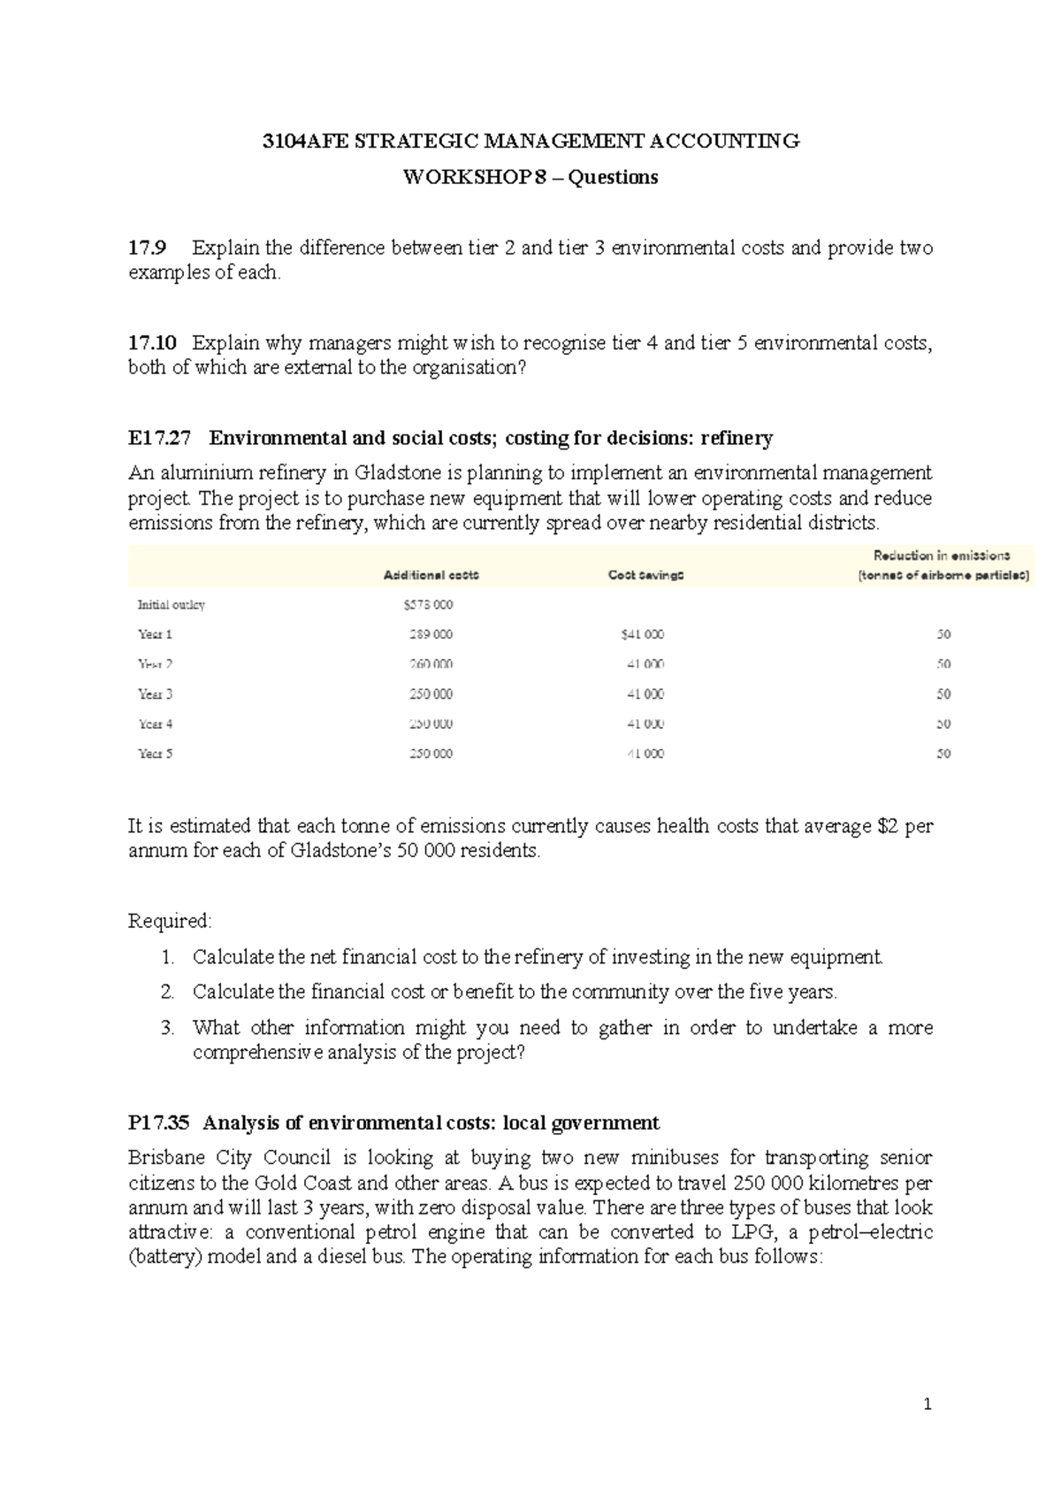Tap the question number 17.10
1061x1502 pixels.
(152, 343)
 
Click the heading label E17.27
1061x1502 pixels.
(159, 439)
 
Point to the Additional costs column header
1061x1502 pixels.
(431, 576)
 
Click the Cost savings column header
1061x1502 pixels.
(645, 576)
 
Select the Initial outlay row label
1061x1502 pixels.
(172, 605)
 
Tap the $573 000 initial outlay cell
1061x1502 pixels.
(428, 605)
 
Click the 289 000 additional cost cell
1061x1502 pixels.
(431, 635)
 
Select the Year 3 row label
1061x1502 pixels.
(155, 694)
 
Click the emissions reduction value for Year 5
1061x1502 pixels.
(943, 755)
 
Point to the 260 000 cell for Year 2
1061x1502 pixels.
(431, 664)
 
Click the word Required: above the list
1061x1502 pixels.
(170, 922)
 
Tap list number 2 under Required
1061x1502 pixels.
(167, 992)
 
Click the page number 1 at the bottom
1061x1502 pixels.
(927, 1405)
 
